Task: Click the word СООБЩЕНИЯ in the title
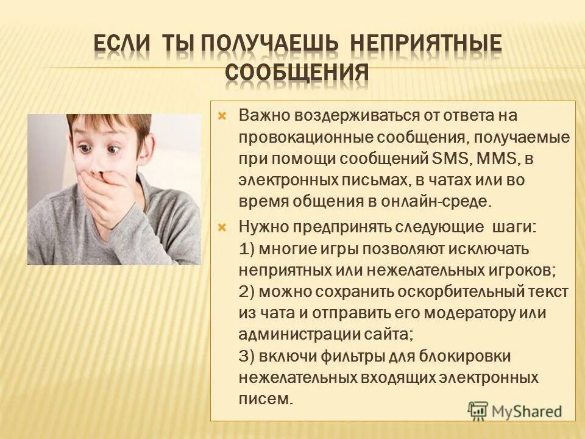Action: pos(297,73)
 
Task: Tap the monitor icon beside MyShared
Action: pos(478,410)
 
